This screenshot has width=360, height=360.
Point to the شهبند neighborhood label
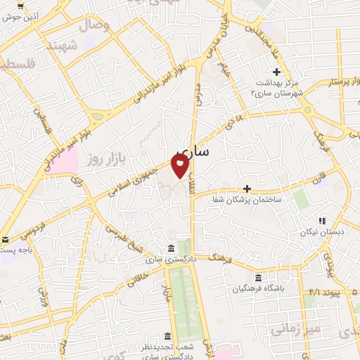pos(60,46)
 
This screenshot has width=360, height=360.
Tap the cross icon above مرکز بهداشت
pos(276,72)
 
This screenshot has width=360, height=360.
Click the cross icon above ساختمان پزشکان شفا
pos(247,188)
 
